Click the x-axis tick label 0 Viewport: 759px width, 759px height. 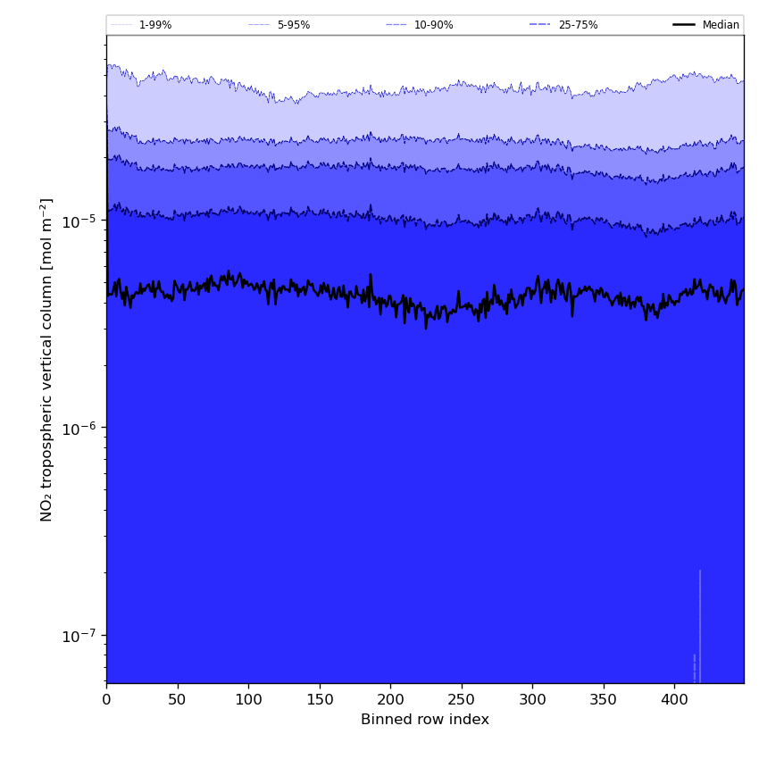point(106,700)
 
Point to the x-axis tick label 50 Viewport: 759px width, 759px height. point(178,700)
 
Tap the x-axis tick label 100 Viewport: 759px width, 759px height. point(248,700)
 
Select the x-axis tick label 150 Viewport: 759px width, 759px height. point(320,700)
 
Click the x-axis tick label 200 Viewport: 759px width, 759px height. point(390,700)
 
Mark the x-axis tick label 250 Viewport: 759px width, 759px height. point(462,700)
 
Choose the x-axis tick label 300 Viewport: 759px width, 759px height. point(532,700)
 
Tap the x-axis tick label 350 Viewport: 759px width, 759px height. point(604,700)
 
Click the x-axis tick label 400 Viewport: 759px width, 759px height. point(674,700)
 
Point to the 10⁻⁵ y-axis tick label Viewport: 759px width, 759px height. point(79,221)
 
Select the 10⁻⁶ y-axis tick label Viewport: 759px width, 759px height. point(79,428)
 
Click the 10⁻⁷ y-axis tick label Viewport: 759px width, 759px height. point(79,635)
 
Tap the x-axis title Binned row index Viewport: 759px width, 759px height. point(425,720)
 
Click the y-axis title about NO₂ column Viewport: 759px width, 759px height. point(46,359)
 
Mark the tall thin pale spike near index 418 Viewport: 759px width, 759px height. point(700,625)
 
